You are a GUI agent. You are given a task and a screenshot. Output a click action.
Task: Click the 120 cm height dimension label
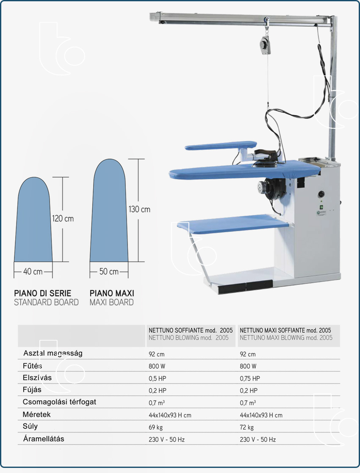pos(63,218)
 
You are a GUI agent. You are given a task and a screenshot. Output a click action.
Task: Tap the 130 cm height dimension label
pos(139,209)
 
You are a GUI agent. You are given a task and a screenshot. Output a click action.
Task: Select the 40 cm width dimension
pos(33,272)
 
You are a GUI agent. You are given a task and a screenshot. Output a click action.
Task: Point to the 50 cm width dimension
pos(109,272)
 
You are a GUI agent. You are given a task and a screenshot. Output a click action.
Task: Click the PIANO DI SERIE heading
pos(42,293)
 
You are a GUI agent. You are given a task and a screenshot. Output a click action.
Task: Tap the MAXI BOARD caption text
pos(111,302)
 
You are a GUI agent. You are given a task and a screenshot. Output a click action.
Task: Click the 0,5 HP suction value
pos(158,378)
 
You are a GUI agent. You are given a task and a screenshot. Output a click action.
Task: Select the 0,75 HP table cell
pos(250,378)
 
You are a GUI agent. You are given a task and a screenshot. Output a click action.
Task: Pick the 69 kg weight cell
pos(155,427)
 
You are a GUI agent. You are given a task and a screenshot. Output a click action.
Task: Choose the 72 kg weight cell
pos(246,427)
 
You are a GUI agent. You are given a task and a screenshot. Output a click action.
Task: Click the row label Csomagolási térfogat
pos(59,402)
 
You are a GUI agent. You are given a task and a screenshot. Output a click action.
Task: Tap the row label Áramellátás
pos(44,439)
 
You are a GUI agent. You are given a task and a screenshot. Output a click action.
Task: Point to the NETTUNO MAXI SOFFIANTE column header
pos(285,330)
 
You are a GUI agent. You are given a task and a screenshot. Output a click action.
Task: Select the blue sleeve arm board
pos(221,146)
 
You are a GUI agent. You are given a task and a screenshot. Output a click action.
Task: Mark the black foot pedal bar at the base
pos(245,287)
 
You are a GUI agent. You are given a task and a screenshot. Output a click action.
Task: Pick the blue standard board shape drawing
pos(33,219)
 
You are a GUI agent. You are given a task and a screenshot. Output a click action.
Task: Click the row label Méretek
pos(36,414)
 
